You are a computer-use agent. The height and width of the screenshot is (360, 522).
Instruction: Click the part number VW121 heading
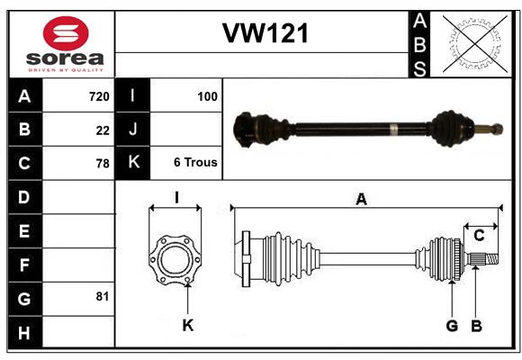(x=265, y=34)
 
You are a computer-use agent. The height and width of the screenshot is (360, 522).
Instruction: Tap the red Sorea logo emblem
(x=65, y=36)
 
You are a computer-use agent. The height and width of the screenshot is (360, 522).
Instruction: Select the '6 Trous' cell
(x=195, y=163)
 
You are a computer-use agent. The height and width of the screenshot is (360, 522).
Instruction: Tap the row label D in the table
(x=24, y=196)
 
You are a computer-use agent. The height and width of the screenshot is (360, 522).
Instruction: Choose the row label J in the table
(x=133, y=130)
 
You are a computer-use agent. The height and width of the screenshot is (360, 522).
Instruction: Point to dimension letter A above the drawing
(x=361, y=199)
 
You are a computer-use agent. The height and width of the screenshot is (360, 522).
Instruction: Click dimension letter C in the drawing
(x=479, y=236)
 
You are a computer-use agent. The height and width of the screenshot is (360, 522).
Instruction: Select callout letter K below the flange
(x=187, y=325)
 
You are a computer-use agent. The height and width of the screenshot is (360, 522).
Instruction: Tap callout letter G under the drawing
(x=452, y=325)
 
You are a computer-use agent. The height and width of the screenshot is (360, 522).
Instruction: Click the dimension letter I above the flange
(x=176, y=198)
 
